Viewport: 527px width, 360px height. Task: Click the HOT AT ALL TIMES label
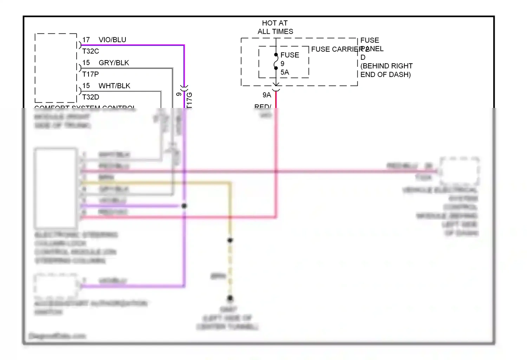coord(275,27)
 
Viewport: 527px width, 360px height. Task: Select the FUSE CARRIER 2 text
coord(339,49)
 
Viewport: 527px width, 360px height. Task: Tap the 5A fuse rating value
coord(285,72)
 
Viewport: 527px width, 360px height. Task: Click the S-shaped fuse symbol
coord(276,62)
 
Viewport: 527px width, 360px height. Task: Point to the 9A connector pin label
coord(267,95)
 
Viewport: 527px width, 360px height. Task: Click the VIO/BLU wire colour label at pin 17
coord(112,40)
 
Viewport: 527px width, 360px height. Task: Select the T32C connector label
coord(91,51)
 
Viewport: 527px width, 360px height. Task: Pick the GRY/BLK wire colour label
coord(114,63)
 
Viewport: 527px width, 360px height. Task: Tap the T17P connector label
coord(91,74)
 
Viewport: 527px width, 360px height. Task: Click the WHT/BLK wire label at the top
coord(114,86)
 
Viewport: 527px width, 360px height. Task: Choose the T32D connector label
coord(91,97)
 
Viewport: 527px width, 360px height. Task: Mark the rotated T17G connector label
coord(189,100)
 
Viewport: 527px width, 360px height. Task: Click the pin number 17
coord(86,40)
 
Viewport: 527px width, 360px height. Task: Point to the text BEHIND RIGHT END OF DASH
coord(386,70)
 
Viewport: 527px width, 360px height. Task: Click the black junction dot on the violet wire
coord(184,206)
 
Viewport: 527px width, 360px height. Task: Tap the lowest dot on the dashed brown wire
coord(230,298)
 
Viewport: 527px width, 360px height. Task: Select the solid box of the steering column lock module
coord(56,188)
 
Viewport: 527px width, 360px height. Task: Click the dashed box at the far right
coord(460,171)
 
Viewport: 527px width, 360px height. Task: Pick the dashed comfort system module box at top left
coord(56,68)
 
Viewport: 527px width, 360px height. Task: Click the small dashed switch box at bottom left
coord(56,285)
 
